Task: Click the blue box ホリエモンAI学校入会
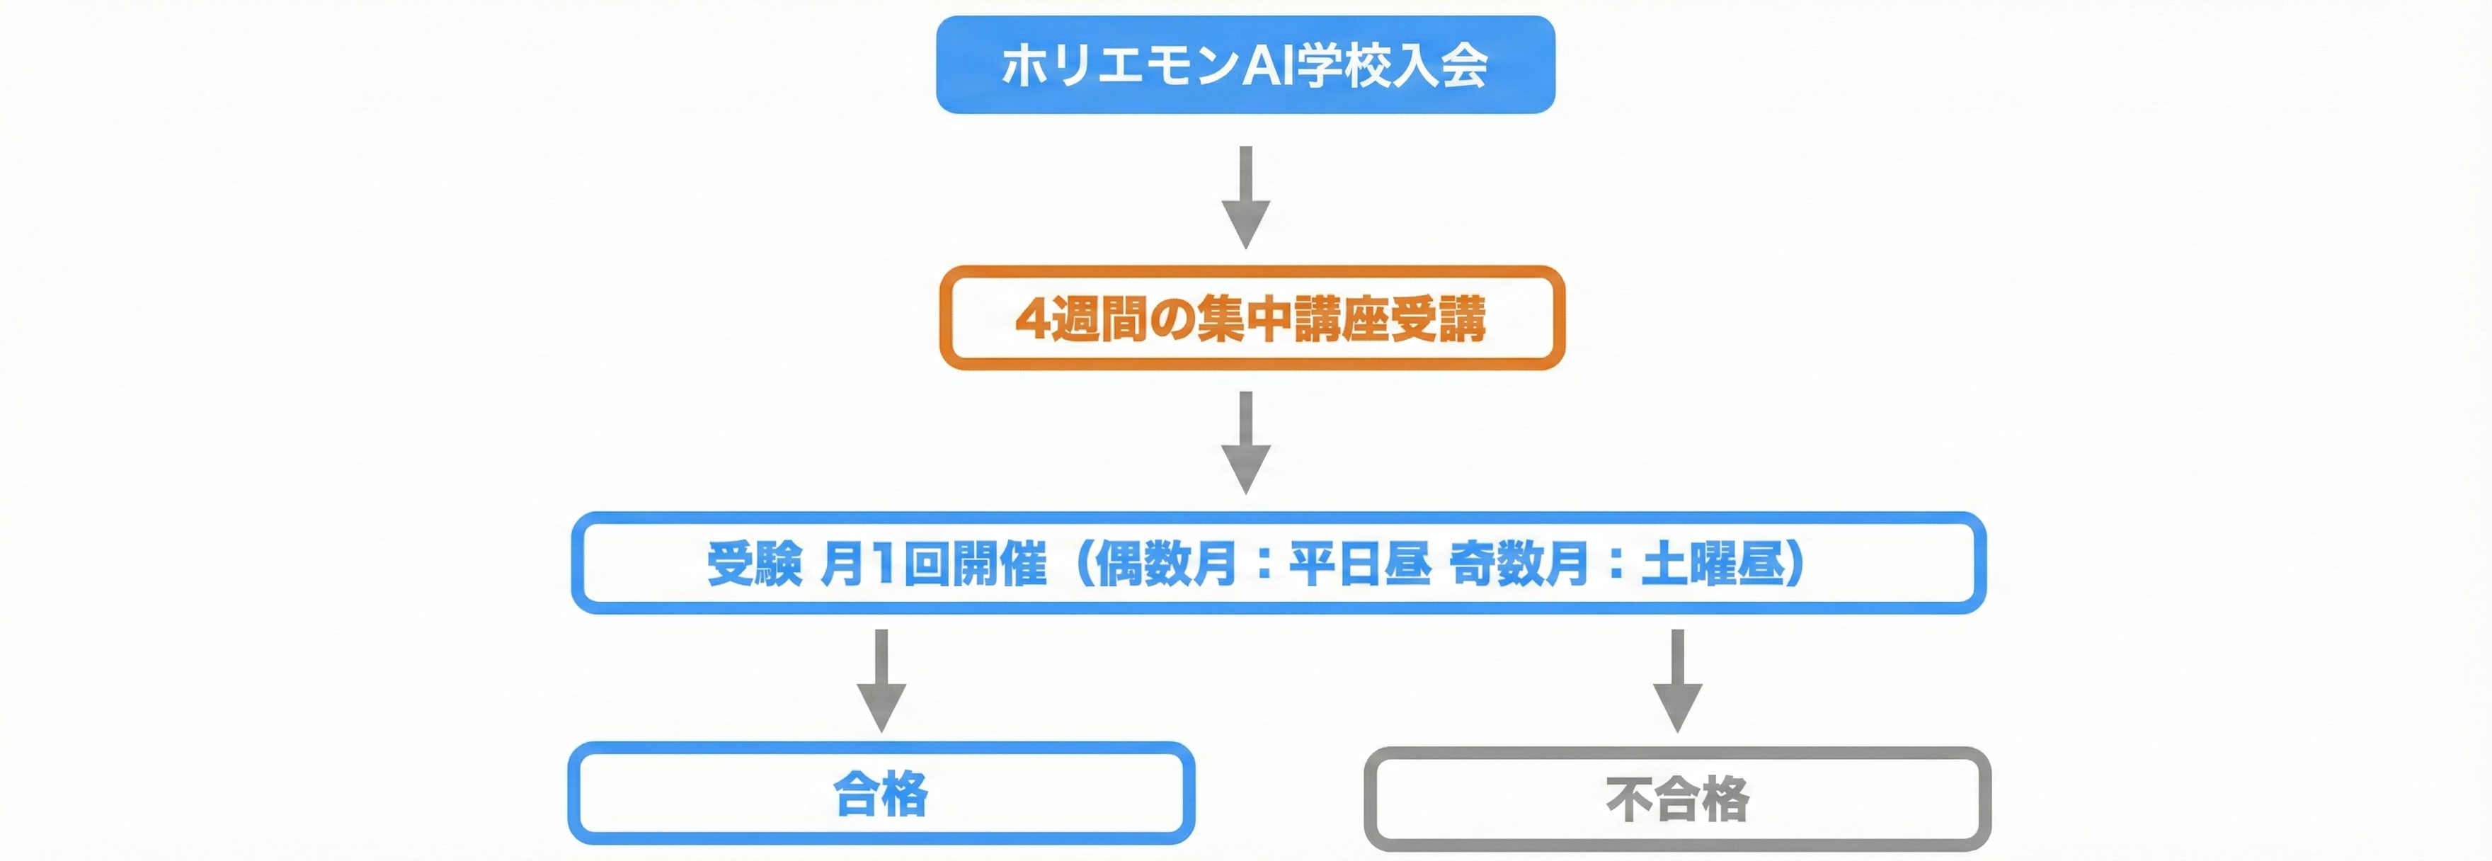point(1245,65)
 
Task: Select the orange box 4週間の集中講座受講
point(1251,319)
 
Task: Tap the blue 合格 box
point(880,793)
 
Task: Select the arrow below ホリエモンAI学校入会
point(1246,198)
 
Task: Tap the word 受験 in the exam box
point(755,564)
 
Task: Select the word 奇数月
point(1519,564)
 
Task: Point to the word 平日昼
point(1359,564)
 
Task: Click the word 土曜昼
point(1713,564)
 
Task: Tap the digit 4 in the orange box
point(1031,319)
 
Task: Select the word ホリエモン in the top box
point(1120,66)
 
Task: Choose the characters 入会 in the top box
point(1439,66)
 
